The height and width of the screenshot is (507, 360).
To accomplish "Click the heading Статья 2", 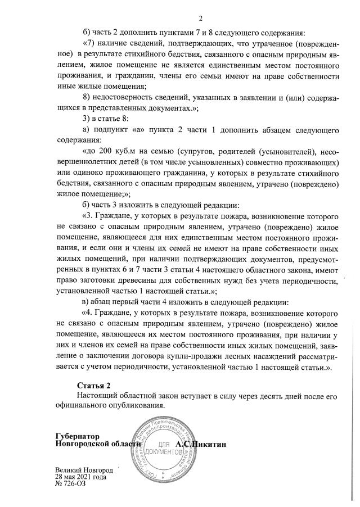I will pos(94,385).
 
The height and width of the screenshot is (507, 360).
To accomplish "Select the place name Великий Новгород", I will pos(84,470).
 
